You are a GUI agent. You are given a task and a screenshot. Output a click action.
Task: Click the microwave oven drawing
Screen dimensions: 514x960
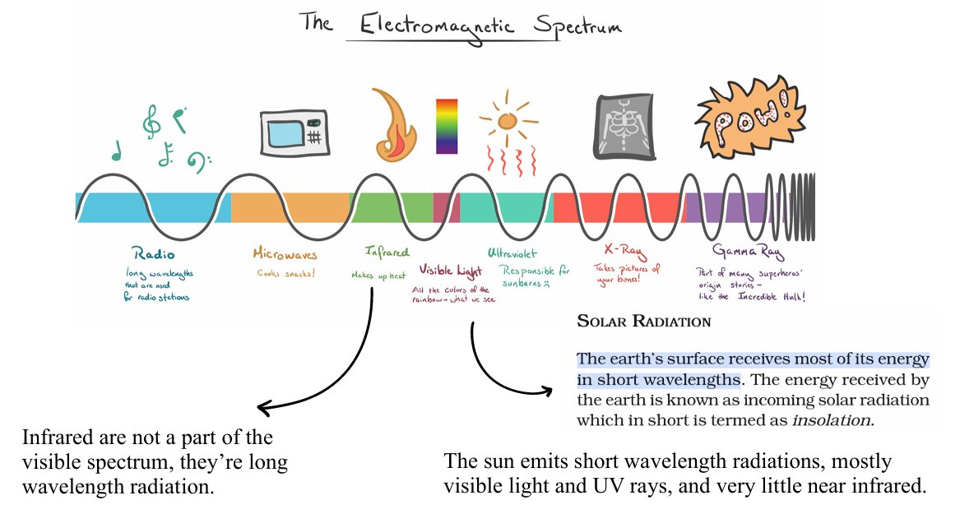tap(294, 132)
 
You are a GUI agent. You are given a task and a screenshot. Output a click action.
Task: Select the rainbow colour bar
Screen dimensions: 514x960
tap(447, 126)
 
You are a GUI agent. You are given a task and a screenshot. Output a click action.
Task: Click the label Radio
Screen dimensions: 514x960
tap(153, 253)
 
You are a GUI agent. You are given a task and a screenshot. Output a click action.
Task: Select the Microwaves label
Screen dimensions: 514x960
tap(284, 254)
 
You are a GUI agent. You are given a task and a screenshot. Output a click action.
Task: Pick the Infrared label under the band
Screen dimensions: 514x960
tap(387, 252)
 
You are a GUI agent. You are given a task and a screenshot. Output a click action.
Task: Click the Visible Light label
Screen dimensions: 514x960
tap(452, 269)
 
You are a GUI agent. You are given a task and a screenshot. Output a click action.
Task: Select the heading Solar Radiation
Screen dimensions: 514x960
tap(643, 321)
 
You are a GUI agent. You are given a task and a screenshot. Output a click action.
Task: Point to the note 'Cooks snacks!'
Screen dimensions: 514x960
tap(287, 273)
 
